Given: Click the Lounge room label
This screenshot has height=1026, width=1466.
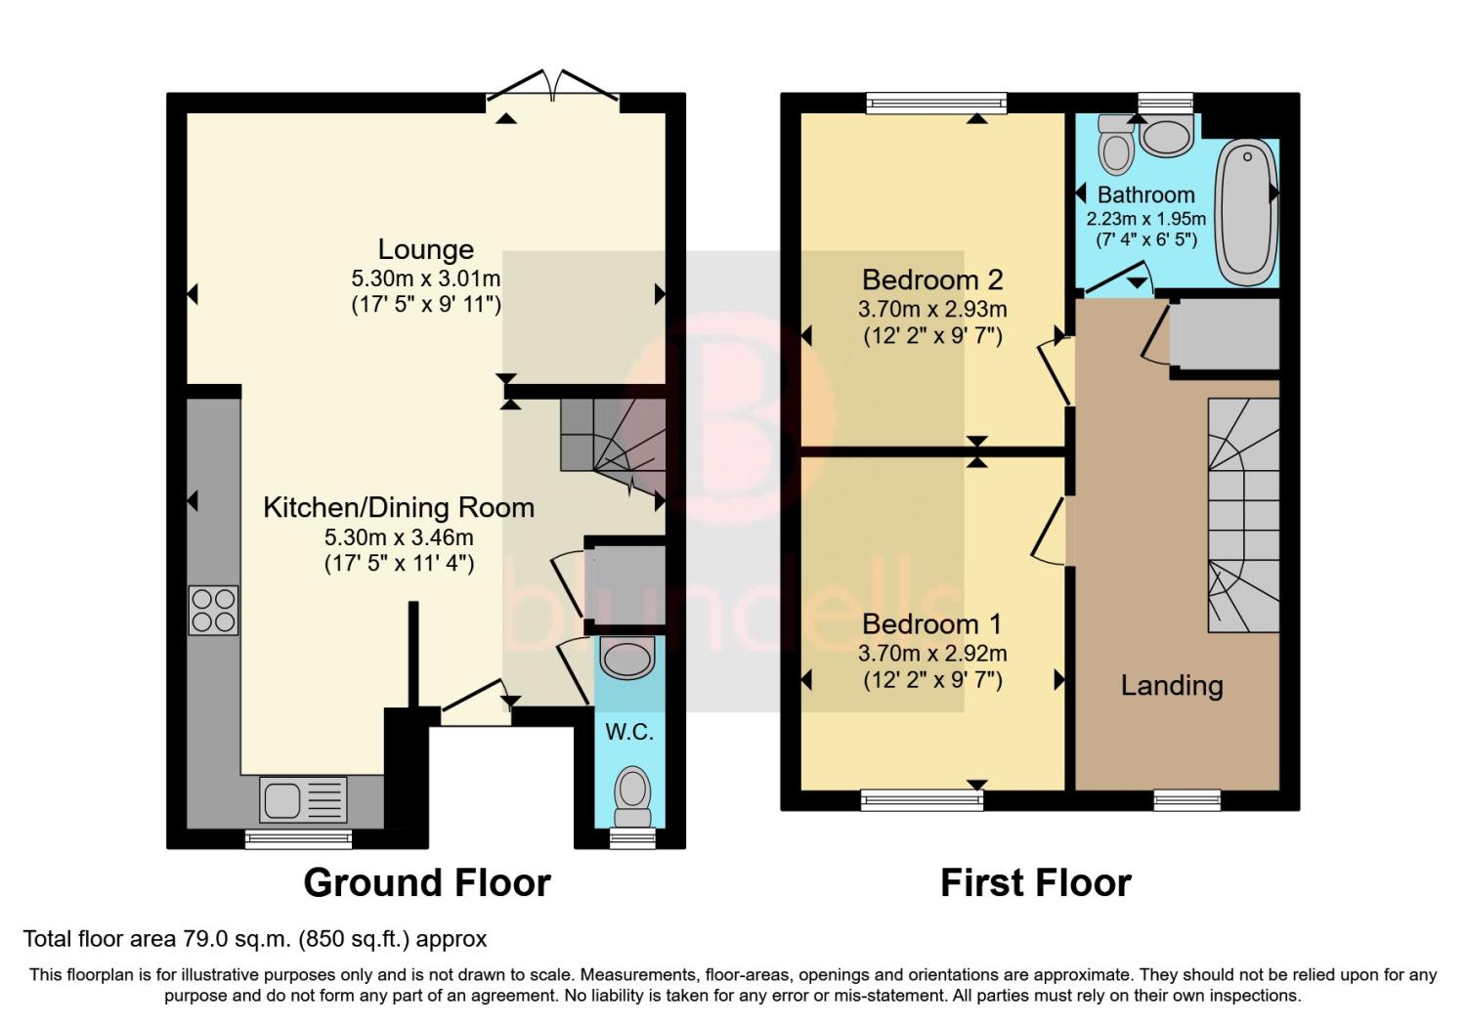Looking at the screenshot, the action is [x=425, y=249].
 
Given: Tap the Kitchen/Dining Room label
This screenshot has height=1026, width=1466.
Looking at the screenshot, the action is [x=399, y=508].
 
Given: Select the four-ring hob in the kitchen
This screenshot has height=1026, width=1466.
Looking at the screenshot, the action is [x=213, y=611].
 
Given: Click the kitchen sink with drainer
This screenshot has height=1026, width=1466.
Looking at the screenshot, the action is [x=303, y=799].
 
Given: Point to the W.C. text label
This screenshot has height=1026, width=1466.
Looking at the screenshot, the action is [x=629, y=732].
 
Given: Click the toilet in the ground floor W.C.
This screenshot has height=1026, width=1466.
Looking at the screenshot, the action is [x=632, y=796].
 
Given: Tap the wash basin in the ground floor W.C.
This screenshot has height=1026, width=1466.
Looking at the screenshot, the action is [x=627, y=657].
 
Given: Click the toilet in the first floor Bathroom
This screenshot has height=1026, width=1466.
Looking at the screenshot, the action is [x=1116, y=145].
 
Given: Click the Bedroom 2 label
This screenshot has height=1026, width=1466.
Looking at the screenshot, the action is [x=932, y=280].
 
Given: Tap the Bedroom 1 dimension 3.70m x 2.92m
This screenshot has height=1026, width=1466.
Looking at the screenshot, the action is [x=932, y=653].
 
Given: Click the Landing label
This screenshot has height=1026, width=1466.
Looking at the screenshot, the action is [x=1172, y=686].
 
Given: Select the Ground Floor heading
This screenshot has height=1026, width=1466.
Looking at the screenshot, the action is [x=427, y=882].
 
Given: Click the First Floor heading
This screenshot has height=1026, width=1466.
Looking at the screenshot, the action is [x=1035, y=882].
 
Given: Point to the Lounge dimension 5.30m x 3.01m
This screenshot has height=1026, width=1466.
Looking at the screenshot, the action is [x=425, y=278].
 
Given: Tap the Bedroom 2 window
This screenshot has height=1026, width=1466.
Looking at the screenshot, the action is [x=936, y=103].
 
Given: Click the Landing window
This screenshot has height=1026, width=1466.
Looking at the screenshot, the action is [x=1186, y=799].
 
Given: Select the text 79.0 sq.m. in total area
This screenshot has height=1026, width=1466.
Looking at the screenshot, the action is [x=234, y=939].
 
